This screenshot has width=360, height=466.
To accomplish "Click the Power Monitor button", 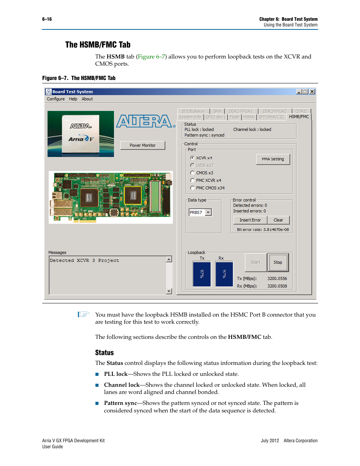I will tap(143, 145).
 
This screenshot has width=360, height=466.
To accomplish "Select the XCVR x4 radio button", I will tap(192, 158).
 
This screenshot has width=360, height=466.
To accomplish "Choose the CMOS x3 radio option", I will tap(192, 173).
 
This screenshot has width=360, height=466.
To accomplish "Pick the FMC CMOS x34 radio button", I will tap(192, 188).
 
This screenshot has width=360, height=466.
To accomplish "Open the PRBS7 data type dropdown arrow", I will tap(208, 212).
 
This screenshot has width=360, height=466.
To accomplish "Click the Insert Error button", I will tap(250, 220).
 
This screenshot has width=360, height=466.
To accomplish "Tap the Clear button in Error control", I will tap(278, 220).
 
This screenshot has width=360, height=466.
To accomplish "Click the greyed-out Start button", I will tap(255, 262).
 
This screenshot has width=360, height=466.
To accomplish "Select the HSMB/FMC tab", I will tap(299, 117).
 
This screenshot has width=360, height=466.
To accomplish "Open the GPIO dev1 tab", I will tap(215, 117).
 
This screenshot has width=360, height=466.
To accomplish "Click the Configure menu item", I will tap(56, 99).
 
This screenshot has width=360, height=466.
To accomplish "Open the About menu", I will tap(87, 99).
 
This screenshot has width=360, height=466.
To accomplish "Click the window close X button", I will tap(312, 92).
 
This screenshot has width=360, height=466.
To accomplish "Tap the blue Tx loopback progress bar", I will tap(202, 274).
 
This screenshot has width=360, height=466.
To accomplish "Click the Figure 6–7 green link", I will tap(151, 57).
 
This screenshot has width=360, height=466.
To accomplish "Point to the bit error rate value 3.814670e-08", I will tap(276, 229).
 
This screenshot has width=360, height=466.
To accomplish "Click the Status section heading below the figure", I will tap(105, 352).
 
